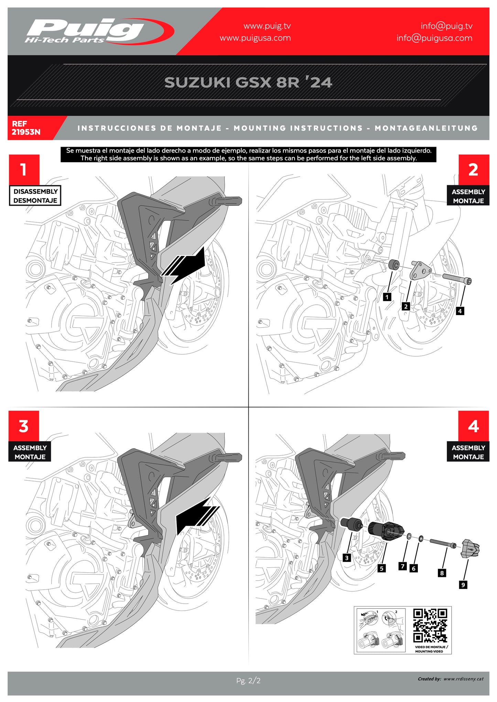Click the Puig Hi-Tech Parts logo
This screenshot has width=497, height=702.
(x=98, y=32)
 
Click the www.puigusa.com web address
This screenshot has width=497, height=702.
(x=255, y=38)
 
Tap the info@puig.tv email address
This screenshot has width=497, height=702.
(x=446, y=26)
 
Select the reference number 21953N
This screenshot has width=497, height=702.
(x=26, y=132)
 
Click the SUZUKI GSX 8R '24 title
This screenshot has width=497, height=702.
(x=248, y=82)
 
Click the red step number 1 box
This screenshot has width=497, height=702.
(x=24, y=169)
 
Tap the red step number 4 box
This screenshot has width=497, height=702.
(x=473, y=426)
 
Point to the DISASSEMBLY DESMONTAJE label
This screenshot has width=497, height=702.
(x=35, y=196)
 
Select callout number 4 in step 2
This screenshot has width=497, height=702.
(x=460, y=311)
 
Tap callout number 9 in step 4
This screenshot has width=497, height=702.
(x=463, y=584)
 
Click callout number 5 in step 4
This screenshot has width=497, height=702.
(x=381, y=568)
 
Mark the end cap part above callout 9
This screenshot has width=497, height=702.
(x=470, y=549)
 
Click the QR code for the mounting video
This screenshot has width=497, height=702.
(x=430, y=625)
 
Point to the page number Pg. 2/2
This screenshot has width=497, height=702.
(x=248, y=680)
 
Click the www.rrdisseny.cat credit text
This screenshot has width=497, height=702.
(x=463, y=679)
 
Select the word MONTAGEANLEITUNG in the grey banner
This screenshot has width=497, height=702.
(x=426, y=128)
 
